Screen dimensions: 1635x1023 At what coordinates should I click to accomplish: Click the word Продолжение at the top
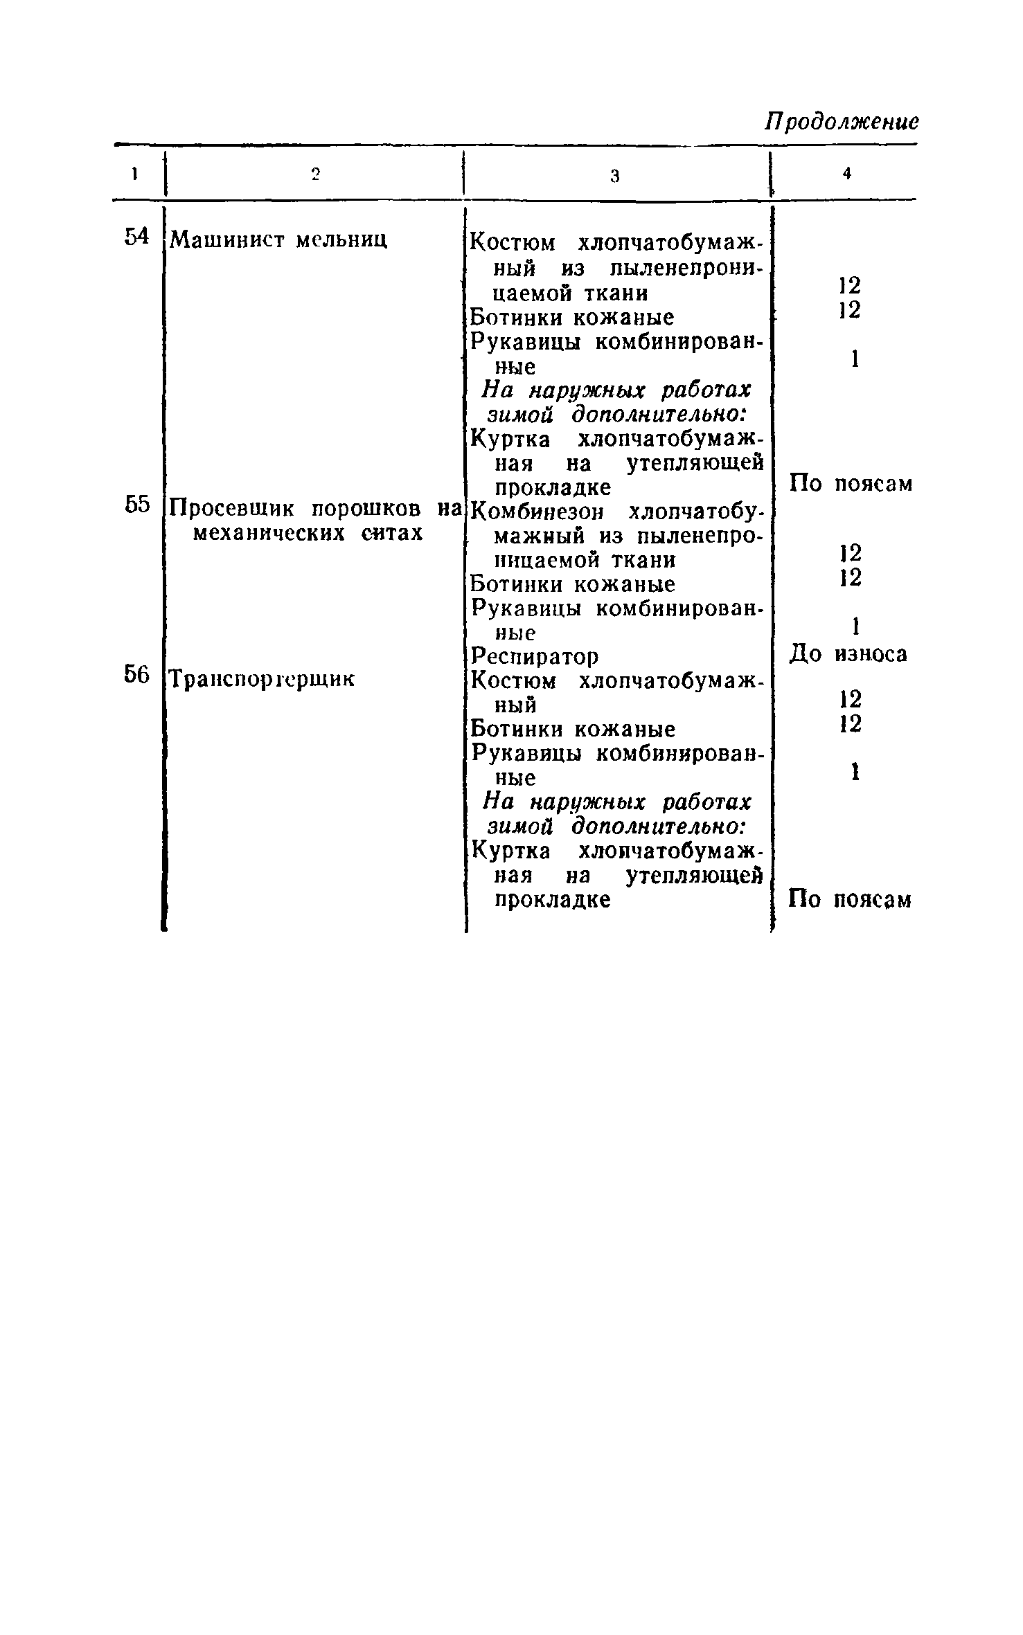(842, 122)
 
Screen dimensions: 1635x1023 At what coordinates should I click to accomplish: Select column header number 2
(315, 174)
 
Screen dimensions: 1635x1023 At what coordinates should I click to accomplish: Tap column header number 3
(614, 176)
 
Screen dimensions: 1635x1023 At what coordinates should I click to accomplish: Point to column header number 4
(846, 174)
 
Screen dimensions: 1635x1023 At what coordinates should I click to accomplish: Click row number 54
(137, 237)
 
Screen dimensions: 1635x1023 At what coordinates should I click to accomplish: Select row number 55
(137, 505)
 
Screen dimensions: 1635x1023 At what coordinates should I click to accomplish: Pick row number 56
(137, 674)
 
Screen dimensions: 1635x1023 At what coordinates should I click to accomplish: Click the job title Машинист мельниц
(278, 240)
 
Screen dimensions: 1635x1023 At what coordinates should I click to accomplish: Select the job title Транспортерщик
(263, 680)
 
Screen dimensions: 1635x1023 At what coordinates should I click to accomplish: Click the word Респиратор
(534, 656)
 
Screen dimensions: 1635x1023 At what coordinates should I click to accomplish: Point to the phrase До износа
(848, 653)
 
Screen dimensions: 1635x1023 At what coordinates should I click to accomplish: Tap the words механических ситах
(307, 534)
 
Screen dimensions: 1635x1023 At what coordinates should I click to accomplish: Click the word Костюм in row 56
(513, 682)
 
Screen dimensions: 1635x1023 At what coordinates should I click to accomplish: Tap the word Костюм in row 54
(513, 244)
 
